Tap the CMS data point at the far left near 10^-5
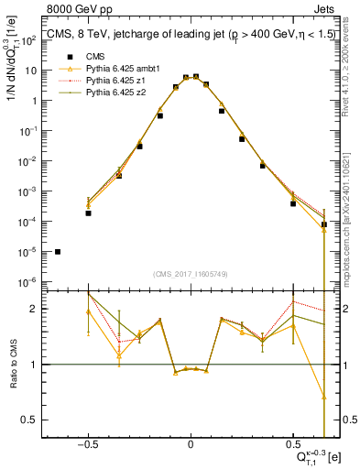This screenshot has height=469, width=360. (58, 251)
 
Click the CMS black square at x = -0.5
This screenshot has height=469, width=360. (89, 213)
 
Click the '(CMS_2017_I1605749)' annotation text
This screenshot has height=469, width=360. (190, 275)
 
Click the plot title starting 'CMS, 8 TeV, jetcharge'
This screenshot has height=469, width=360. (190, 37)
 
